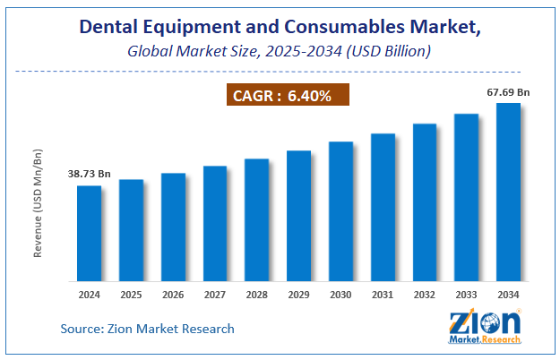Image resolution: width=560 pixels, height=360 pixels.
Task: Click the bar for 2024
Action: pyautogui.click(x=89, y=233)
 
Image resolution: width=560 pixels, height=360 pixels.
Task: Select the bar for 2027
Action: pyautogui.click(x=215, y=223)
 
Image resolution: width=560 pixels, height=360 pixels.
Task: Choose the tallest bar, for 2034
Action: pyautogui.click(x=509, y=192)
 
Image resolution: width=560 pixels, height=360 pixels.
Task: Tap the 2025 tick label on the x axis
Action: pyautogui.click(x=131, y=294)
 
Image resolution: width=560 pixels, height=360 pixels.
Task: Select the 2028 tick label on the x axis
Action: pyautogui.click(x=257, y=294)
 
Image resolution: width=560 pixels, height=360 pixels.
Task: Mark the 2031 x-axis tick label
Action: pyautogui.click(x=383, y=294)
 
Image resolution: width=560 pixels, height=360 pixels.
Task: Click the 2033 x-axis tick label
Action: pyautogui.click(x=467, y=294)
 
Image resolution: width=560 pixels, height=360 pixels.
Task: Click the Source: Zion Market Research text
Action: pyautogui.click(x=147, y=329)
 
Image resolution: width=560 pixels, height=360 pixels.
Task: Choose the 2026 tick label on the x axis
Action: pyautogui.click(x=173, y=294)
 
